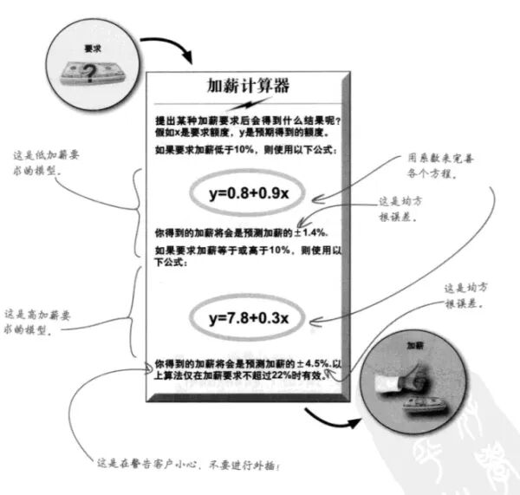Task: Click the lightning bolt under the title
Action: (x=247, y=105)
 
